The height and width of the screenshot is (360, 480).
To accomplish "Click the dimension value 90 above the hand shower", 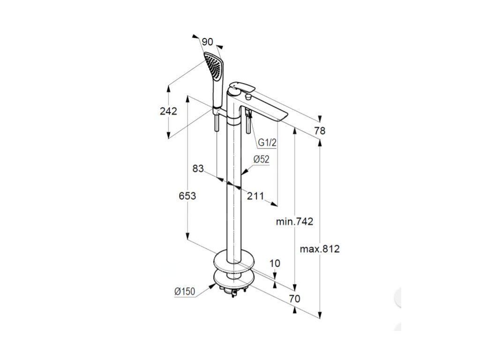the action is [208, 42].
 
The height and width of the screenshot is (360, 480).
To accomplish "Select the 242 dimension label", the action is [168, 111].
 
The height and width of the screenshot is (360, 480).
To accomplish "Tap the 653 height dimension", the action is [187, 195].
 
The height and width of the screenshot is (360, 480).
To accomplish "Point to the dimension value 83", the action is [198, 168].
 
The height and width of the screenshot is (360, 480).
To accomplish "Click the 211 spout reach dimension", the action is [255, 195].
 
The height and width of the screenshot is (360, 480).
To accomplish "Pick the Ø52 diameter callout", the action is [261, 159].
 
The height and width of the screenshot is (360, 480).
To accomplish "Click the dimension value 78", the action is [320, 131].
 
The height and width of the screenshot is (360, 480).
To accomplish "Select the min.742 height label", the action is [294, 221].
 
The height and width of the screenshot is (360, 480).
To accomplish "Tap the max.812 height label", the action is [320, 249].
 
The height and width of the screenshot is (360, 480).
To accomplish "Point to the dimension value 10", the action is [275, 263].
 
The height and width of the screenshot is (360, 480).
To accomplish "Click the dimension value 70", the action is [294, 299].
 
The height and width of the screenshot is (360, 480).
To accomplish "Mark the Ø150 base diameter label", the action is [184, 291].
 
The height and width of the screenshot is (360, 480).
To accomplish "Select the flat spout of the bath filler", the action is [267, 109].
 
